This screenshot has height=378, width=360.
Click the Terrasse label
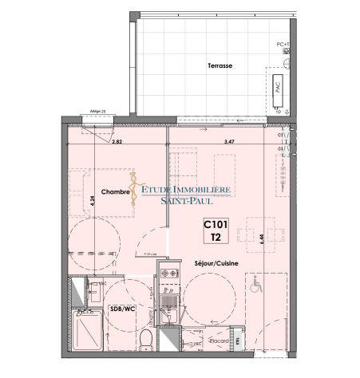(220, 66)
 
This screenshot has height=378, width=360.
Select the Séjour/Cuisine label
(216, 262)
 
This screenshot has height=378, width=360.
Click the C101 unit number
(216, 225)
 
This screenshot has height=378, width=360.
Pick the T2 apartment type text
(216, 238)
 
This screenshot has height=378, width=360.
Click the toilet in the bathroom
(145, 341)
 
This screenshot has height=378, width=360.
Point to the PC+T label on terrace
(283, 44)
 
